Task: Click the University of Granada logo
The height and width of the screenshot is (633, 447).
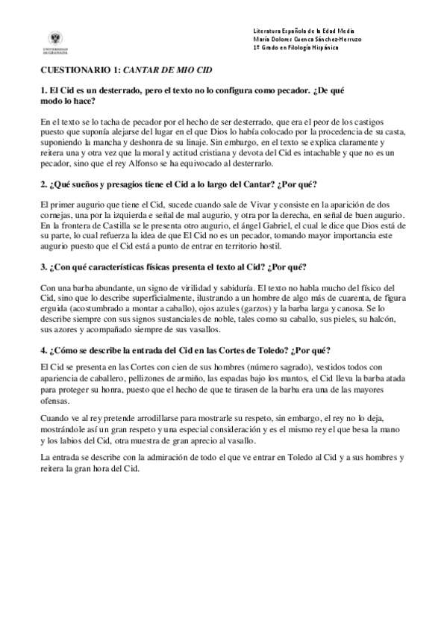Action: coord(56,41)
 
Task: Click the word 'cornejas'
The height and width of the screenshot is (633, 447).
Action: coord(57,215)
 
